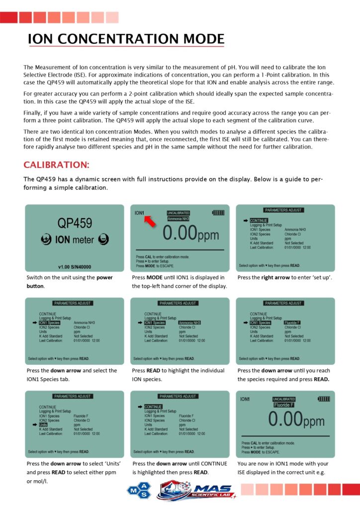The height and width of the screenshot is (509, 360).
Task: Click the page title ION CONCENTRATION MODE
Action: (x=126, y=39)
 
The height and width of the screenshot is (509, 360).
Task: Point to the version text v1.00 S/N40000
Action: (x=74, y=267)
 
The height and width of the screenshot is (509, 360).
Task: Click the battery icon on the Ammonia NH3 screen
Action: (x=218, y=213)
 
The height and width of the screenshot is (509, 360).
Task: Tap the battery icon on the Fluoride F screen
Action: (x=323, y=399)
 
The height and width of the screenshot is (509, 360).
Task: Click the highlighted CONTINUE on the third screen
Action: (x=259, y=221)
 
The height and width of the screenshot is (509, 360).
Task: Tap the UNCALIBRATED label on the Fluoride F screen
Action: (x=284, y=399)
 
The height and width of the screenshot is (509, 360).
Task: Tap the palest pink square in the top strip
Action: (x=112, y=18)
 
